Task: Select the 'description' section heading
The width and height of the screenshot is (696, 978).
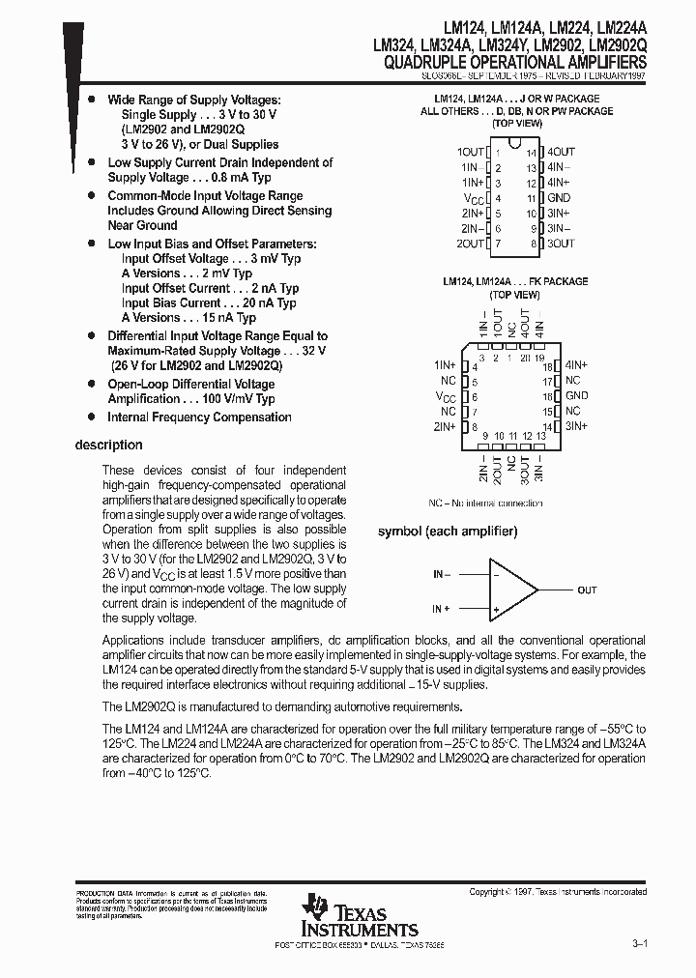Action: pyautogui.click(x=108, y=446)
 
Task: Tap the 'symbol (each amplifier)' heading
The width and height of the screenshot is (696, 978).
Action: pyautogui.click(x=447, y=532)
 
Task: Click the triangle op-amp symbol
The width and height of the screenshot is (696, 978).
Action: pyautogui.click(x=512, y=590)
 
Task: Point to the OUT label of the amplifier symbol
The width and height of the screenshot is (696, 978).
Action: pyautogui.click(x=587, y=590)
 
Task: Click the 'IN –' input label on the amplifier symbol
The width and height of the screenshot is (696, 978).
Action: pyautogui.click(x=442, y=574)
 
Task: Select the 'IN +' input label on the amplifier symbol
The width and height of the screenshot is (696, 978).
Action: pyautogui.click(x=442, y=609)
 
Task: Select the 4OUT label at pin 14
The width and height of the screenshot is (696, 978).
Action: pyautogui.click(x=561, y=152)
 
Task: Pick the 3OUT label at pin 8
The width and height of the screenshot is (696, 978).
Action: pyautogui.click(x=561, y=244)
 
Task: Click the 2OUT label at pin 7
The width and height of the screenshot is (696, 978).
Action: pyautogui.click(x=471, y=244)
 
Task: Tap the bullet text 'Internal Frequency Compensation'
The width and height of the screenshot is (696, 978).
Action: pyautogui.click(x=199, y=417)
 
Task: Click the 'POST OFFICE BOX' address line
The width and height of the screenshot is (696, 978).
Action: pyautogui.click(x=360, y=943)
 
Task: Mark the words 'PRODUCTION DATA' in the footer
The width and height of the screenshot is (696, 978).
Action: pyautogui.click(x=100, y=892)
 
